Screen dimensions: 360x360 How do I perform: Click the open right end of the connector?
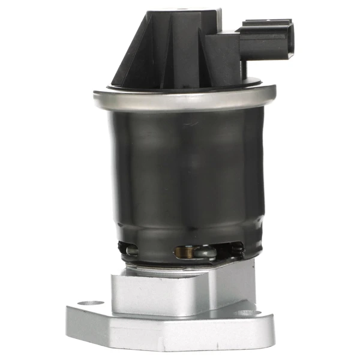click(292, 37)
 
